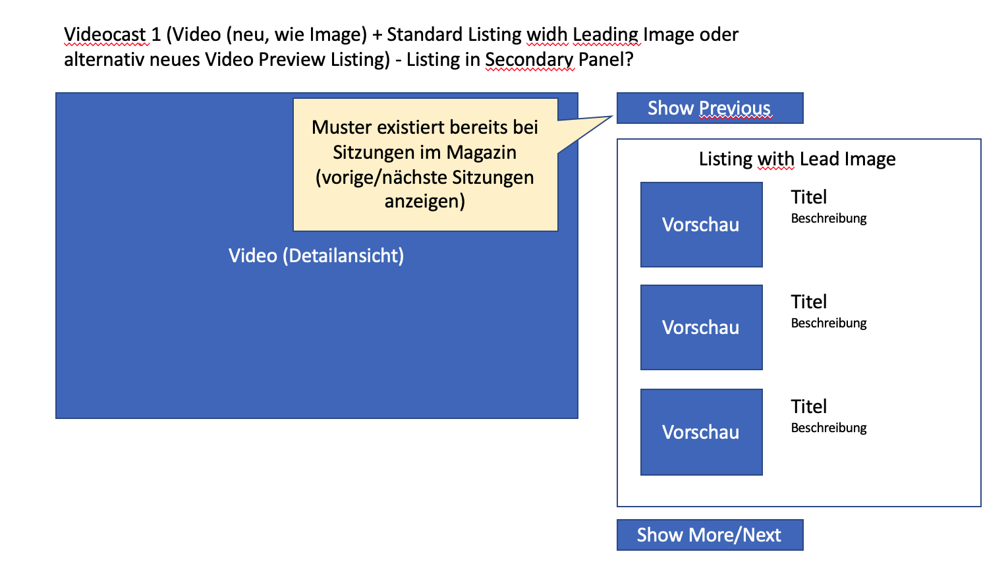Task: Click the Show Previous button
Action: click(710, 108)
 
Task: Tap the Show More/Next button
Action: click(710, 535)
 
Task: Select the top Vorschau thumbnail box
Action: click(701, 225)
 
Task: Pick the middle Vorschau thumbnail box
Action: click(701, 327)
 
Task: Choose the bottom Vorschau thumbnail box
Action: click(701, 432)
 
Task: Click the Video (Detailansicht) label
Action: click(316, 256)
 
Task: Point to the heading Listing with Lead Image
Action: click(797, 159)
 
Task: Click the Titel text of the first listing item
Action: click(808, 197)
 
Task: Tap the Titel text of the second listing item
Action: click(808, 302)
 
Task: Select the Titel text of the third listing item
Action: click(808, 406)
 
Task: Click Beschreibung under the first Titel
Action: click(829, 219)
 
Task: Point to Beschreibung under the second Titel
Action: click(829, 323)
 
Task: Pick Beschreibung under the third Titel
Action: click(829, 428)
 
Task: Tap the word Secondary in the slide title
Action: click(529, 60)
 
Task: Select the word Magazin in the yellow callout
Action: click(481, 152)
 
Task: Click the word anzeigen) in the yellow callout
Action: click(425, 201)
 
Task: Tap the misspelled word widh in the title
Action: click(547, 34)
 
